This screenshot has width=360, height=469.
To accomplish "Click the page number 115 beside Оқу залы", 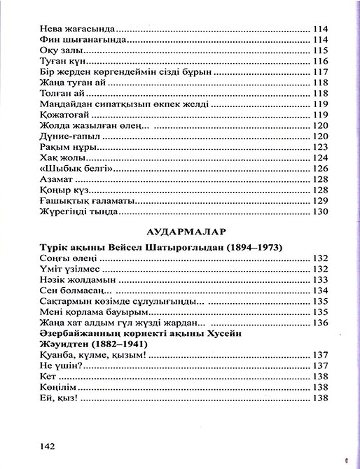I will click(x=319, y=51).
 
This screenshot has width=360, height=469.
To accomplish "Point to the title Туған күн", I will click(x=52, y=62).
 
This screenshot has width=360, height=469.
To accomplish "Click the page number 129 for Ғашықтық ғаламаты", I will click(x=319, y=200).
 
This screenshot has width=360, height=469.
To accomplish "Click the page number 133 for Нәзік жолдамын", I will click(x=319, y=279).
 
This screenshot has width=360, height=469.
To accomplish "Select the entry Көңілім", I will click(x=53, y=386).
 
